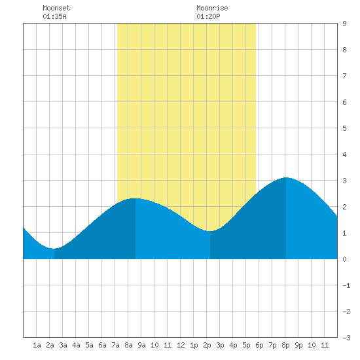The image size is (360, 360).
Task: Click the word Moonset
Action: [56, 8]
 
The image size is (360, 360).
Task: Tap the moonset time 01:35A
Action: [54, 16]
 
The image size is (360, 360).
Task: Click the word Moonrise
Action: [212, 8]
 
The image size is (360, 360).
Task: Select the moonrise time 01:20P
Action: [208, 16]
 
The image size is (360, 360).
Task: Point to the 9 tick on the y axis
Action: [344, 24]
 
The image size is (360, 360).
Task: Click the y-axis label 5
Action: [344, 128]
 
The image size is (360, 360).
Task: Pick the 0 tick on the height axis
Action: [344, 259]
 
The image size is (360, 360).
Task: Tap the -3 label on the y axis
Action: [346, 338]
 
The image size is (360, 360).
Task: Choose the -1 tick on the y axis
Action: [346, 285]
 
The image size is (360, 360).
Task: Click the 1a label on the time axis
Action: [37, 345]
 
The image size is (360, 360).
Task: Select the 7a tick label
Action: [115, 345]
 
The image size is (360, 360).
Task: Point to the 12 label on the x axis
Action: [181, 345]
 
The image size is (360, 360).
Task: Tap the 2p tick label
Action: [207, 345]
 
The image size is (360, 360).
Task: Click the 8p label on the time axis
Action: [285, 345]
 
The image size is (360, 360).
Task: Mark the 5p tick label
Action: [246, 345]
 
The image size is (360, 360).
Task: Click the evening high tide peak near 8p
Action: [286, 177]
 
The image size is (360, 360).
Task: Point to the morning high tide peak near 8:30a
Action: [135, 198]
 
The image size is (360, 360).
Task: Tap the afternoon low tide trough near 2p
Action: [210, 231]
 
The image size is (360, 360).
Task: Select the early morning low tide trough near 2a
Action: [54, 249]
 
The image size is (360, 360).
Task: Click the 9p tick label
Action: [298, 345]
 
